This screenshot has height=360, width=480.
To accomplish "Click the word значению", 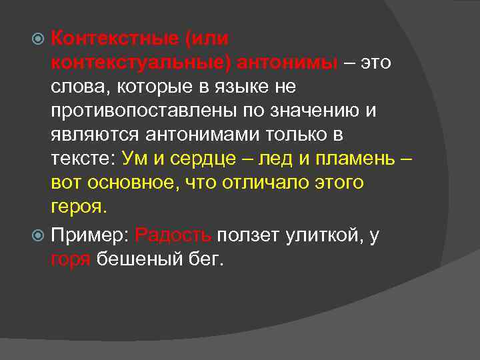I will pyautogui.click(x=315, y=111).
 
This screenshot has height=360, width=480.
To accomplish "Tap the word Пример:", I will pyautogui.click(x=90, y=235).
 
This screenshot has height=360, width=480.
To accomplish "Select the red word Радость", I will pyautogui.click(x=173, y=235).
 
